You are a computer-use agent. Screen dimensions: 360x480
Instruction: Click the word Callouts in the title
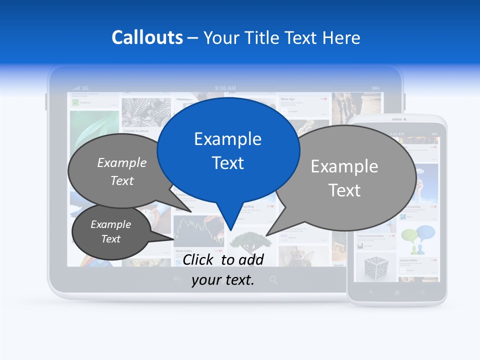pyautogui.click(x=147, y=37)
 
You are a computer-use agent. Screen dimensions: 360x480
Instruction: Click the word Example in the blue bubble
pyautogui.click(x=227, y=139)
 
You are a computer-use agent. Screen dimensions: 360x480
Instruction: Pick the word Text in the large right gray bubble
pyautogui.click(x=344, y=190)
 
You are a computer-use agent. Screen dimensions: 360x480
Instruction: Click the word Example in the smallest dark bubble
pyautogui.click(x=110, y=224)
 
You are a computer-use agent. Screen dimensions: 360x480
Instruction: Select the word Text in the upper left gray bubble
pyautogui.click(x=122, y=181)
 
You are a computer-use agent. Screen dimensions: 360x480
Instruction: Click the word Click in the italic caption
pyautogui.click(x=199, y=259)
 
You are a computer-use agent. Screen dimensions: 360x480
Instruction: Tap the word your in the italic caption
pyautogui.click(x=206, y=280)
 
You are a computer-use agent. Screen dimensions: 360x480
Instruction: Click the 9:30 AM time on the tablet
pyautogui.click(x=225, y=88)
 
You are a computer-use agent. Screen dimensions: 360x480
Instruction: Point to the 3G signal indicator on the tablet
pyautogui.click(x=80, y=88)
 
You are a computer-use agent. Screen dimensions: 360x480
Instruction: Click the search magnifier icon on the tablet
pyautogui.click(x=273, y=280)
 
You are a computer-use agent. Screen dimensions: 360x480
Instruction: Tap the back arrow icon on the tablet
pyautogui.click(x=176, y=280)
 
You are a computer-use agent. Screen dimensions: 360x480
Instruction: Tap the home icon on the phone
pyautogui.click(x=397, y=292)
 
